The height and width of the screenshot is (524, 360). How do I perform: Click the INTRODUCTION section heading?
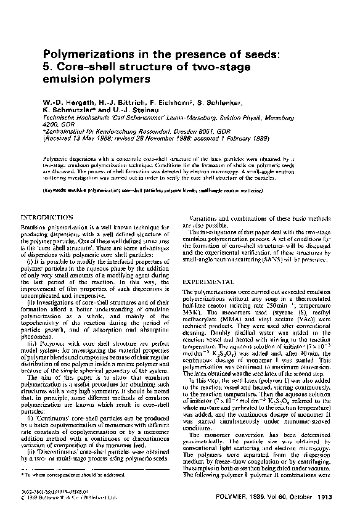click(x=47, y=218)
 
